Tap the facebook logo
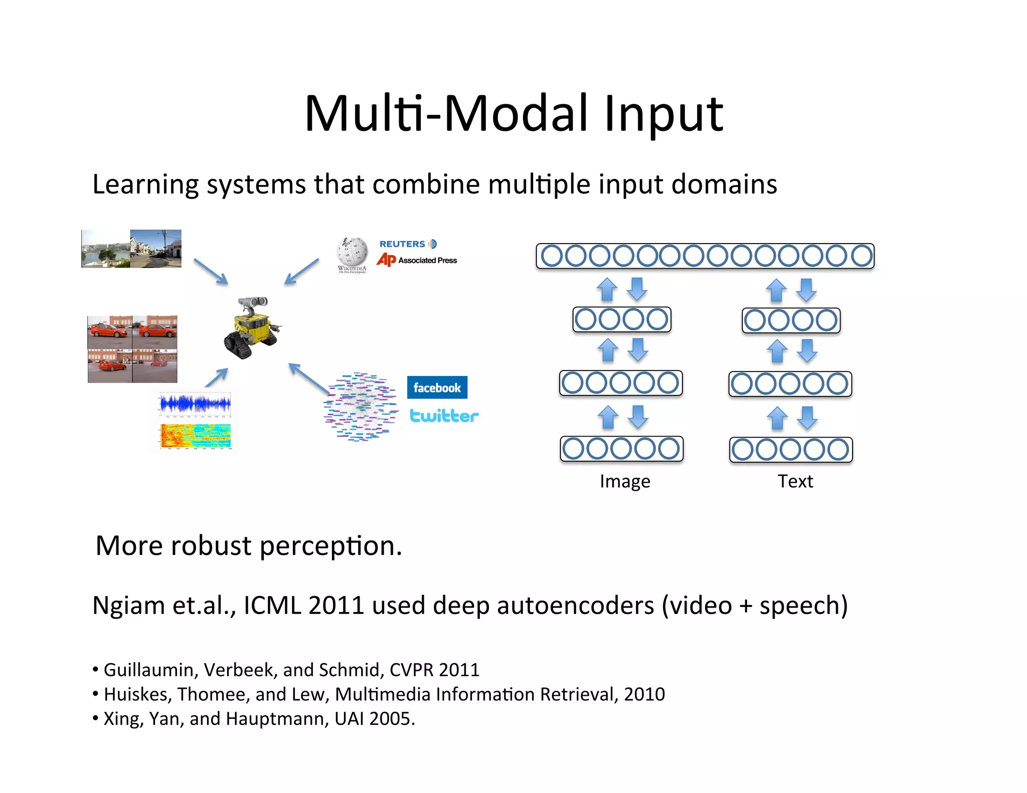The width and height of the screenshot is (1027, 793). (437, 387)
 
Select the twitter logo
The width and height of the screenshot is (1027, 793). (444, 416)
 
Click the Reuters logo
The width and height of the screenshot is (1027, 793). (408, 244)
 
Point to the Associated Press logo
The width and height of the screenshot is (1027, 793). (417, 260)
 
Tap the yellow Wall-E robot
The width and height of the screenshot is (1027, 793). (252, 328)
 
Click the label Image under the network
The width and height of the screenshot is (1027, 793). (625, 481)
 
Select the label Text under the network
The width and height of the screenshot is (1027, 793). (795, 481)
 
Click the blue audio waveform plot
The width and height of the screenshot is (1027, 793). (195, 404)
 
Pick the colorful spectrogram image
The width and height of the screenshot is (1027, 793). (196, 436)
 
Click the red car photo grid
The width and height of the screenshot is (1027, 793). (132, 349)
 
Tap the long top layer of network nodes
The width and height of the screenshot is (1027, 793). (705, 256)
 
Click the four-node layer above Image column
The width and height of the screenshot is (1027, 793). (622, 319)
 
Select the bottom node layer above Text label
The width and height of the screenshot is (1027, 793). (791, 450)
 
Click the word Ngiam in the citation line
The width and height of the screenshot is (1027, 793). (129, 606)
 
